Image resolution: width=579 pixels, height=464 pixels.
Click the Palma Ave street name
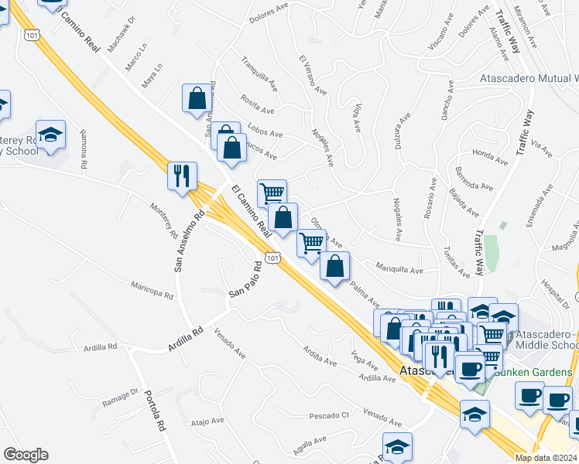point(365,294)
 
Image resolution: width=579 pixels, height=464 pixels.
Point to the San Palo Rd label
point(247,285)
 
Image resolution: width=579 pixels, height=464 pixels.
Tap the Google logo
point(26,455)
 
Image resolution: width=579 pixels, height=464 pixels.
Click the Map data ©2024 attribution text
point(545,458)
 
